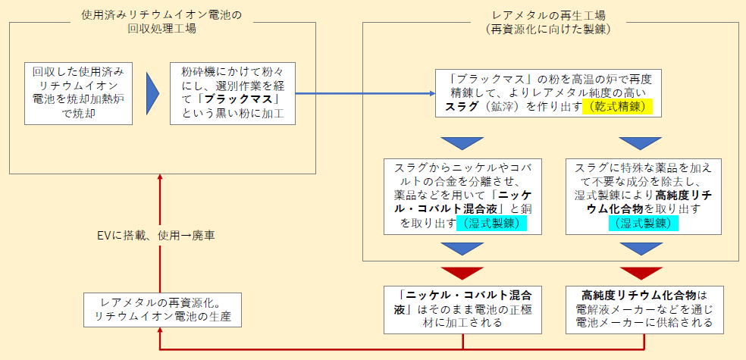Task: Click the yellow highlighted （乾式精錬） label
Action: [617, 107]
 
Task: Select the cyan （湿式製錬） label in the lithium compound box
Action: [643, 223]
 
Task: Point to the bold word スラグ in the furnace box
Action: [458, 107]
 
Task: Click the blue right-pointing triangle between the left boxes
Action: [152, 94]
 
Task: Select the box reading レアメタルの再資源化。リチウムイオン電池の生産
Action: [162, 310]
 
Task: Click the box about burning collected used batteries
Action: [79, 94]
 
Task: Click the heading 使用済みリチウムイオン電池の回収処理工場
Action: [161, 22]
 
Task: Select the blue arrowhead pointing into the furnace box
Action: [432, 93]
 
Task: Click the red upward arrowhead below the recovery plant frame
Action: [160, 177]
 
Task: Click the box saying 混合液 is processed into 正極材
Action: [463, 309]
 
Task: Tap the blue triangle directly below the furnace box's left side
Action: [462, 143]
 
